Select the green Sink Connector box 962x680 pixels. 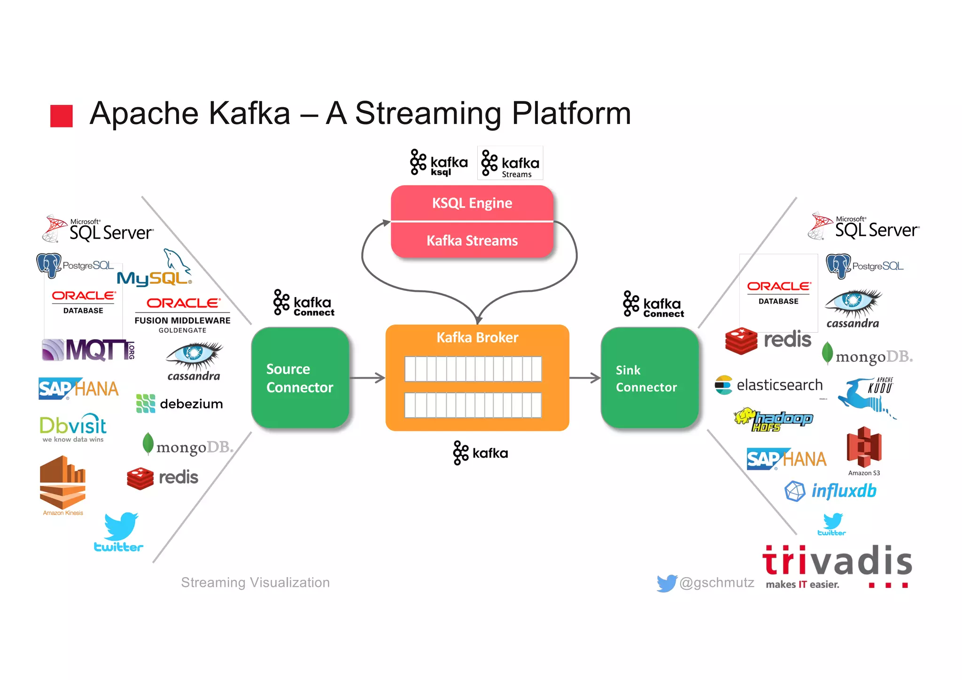coord(649,378)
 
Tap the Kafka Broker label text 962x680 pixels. coord(477,337)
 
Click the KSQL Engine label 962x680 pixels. coord(472,203)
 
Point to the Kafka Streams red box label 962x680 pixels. coord(472,241)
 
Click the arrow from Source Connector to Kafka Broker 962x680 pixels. coord(367,378)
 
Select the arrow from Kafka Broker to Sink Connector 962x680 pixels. coord(585,378)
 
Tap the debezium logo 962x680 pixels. coord(179,404)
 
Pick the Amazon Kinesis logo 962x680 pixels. coord(63,484)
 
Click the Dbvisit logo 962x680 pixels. coord(73,428)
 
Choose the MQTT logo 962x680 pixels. coord(88,350)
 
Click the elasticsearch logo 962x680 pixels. coord(769,385)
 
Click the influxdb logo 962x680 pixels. coord(830,491)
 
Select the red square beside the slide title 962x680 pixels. coord(62,116)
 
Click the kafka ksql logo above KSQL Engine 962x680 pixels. coord(439,163)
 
